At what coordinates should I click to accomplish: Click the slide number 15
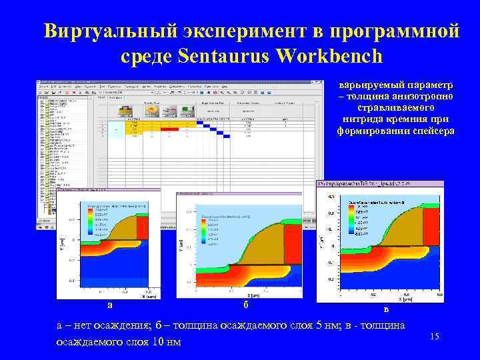pos(435,337)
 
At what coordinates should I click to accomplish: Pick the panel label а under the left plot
pos(110,305)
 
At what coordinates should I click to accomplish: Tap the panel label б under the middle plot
pos(245,305)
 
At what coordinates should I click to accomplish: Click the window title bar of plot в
pos(380,183)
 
